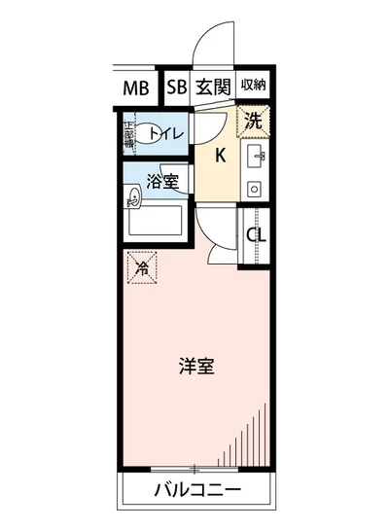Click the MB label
pyautogui.click(x=136, y=88)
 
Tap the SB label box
pyautogui.click(x=176, y=88)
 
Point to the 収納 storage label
pyautogui.click(x=253, y=87)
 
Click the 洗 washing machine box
pyautogui.click(x=252, y=124)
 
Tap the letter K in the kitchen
pyautogui.click(x=220, y=155)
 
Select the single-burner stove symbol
pyautogui.click(x=255, y=187)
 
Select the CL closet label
pyautogui.click(x=257, y=234)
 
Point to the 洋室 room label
pyautogui.click(x=195, y=367)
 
